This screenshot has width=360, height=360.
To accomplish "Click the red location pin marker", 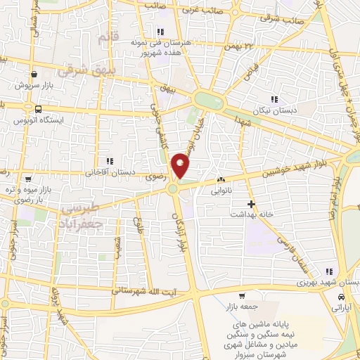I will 182,165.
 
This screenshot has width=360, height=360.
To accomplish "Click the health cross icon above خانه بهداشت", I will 251,203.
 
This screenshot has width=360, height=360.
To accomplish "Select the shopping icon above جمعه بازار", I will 241,296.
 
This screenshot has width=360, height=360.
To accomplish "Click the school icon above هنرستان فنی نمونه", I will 160,31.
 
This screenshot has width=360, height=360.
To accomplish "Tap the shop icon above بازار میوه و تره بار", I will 27,179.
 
